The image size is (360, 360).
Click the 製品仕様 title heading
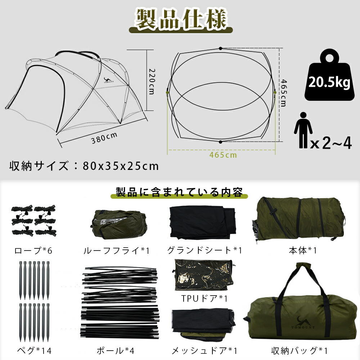pos(180,18)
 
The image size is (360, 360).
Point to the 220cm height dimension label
pos(152,81)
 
